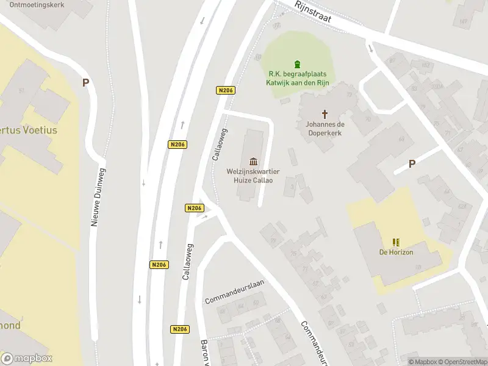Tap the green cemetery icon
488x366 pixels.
(297, 64)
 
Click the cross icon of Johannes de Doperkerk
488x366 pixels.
(325, 113)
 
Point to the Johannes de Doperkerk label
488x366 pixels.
(325, 128)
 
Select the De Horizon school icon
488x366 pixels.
(396, 242)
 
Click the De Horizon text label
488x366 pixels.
(396, 253)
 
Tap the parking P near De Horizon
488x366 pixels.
(412, 163)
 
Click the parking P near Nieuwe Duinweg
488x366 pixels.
(86, 83)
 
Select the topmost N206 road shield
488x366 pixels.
(226, 90)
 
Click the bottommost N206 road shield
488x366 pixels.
(179, 329)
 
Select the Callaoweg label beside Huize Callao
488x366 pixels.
(220, 144)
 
